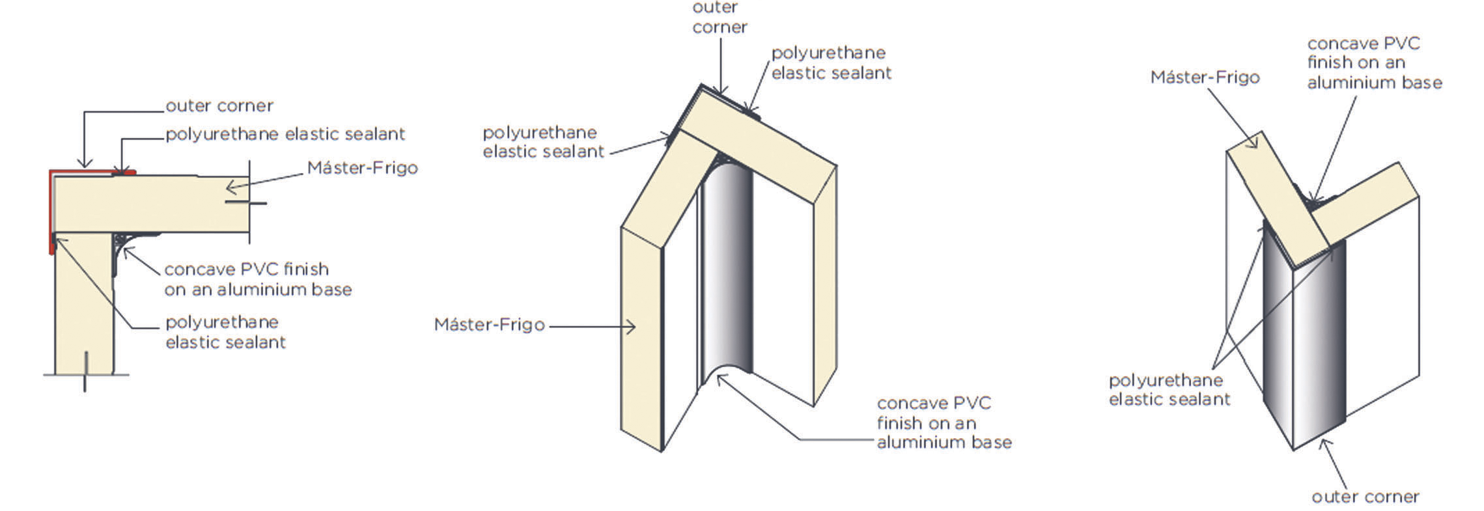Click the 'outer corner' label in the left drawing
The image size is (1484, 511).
click(219, 105)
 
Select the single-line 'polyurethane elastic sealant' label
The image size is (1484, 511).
click(285, 134)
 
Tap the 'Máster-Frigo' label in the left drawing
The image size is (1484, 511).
click(362, 168)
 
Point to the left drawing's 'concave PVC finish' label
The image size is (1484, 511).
click(257, 279)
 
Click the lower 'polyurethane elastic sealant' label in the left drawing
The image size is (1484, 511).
click(225, 332)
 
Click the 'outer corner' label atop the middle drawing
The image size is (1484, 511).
click(720, 18)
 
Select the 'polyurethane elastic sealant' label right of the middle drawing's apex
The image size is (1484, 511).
click(830, 62)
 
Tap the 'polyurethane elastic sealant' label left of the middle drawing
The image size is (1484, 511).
click(542, 142)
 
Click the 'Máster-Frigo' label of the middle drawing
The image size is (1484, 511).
click(489, 324)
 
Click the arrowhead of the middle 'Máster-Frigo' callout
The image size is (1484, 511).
click(632, 326)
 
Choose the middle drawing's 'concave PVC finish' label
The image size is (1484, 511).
click(943, 422)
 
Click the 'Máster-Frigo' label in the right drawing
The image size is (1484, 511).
click(1204, 77)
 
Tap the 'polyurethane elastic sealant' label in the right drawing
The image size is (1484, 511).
click(1169, 389)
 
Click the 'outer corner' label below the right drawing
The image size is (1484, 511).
click(1365, 497)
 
